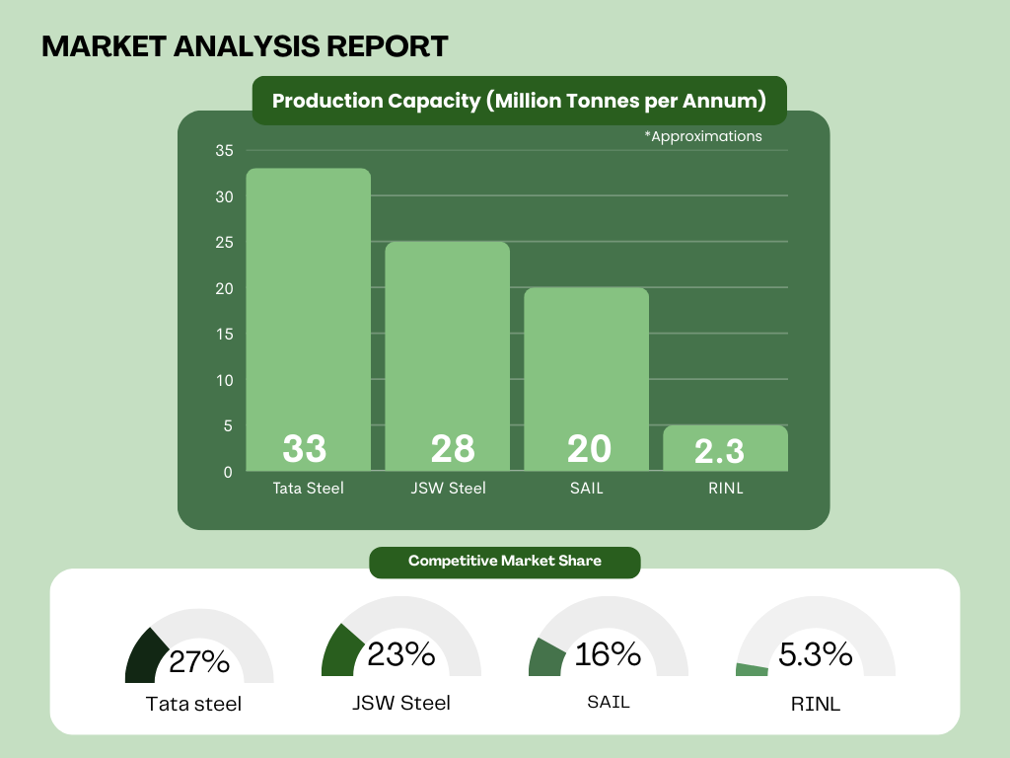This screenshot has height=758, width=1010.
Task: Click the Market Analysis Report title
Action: pyautogui.click(x=245, y=45)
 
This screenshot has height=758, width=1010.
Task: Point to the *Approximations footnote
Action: pyautogui.click(x=703, y=136)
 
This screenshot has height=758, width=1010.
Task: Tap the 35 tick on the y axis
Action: pyautogui.click(x=224, y=151)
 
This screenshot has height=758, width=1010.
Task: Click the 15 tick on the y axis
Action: pyautogui.click(x=224, y=335)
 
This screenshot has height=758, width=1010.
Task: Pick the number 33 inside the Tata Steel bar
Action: pyautogui.click(x=305, y=449)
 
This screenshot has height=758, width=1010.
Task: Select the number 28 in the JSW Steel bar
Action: pyautogui.click(x=453, y=449)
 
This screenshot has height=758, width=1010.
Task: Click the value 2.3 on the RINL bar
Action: pyautogui.click(x=719, y=451)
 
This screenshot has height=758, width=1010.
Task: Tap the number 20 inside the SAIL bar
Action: pyautogui.click(x=589, y=449)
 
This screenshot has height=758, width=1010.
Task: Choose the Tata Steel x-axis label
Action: pyautogui.click(x=308, y=488)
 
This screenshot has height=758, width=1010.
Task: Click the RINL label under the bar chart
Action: pyautogui.click(x=725, y=488)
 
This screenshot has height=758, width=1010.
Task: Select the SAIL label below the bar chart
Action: pyautogui.click(x=586, y=488)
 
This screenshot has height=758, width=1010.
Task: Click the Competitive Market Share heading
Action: pyautogui.click(x=505, y=561)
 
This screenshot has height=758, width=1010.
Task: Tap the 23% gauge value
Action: pyautogui.click(x=401, y=653)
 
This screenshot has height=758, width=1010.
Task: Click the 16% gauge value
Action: pyautogui.click(x=609, y=653)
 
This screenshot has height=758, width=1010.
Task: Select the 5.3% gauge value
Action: pyautogui.click(x=816, y=653)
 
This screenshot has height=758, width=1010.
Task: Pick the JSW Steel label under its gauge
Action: pyautogui.click(x=401, y=703)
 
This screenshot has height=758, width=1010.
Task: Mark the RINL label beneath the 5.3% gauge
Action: pyautogui.click(x=816, y=705)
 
